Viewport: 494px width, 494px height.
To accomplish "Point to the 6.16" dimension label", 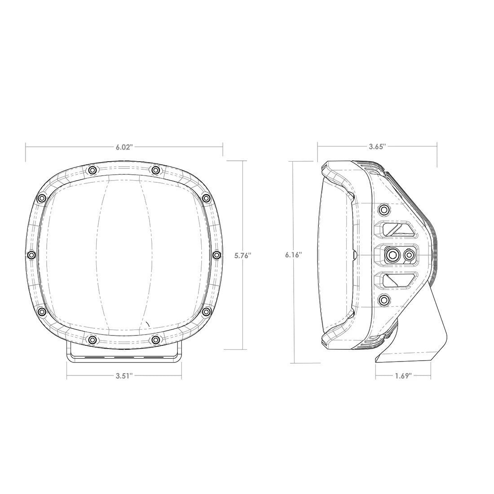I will coord(293,255).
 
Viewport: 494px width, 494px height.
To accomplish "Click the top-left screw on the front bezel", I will coord(92,169).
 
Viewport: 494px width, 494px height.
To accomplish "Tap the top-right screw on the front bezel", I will coord(155,169).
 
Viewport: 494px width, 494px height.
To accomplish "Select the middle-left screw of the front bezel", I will coord(31,255).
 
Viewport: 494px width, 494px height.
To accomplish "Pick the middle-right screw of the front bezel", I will coord(216,255).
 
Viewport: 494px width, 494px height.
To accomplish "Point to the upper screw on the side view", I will coord(384,209).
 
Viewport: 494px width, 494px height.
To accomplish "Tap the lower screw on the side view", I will coord(384,300).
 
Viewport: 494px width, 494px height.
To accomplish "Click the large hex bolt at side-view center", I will coord(393,255).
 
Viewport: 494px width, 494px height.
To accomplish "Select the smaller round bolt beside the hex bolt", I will coord(409,255).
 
